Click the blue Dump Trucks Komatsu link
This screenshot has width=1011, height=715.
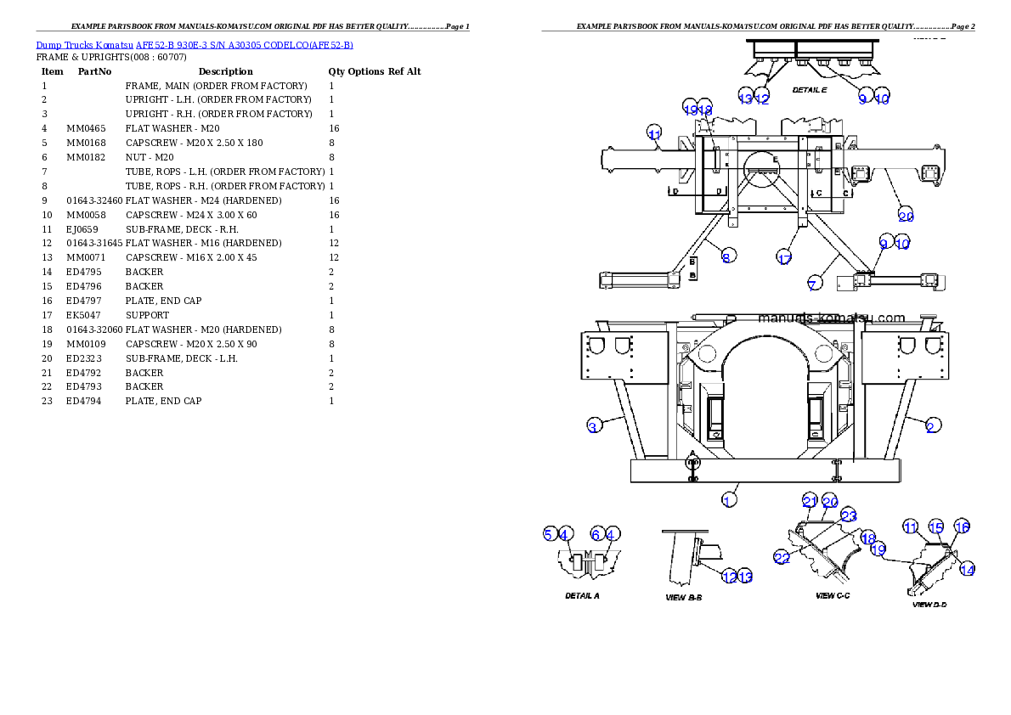click(x=195, y=44)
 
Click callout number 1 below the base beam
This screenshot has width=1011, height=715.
click(x=728, y=500)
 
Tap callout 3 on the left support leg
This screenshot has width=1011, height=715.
click(x=594, y=426)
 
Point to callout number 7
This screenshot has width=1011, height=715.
click(x=813, y=284)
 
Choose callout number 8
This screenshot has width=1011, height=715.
click(x=728, y=256)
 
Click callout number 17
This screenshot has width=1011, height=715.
click(x=784, y=258)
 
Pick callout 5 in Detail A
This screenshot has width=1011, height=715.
click(x=550, y=533)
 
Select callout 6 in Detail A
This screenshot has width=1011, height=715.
click(x=596, y=533)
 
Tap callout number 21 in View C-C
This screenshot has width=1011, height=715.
click(x=810, y=501)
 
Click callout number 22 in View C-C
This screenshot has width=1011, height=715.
click(x=782, y=557)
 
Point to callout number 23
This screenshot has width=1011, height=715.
click(x=848, y=515)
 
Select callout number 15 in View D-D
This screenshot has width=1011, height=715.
click(x=935, y=527)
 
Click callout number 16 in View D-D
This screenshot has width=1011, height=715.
click(x=962, y=527)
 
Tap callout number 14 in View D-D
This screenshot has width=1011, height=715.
click(x=967, y=570)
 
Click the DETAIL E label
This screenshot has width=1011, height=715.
click(x=809, y=89)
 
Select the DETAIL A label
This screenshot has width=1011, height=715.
click(x=583, y=595)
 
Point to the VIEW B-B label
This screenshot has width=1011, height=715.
click(x=683, y=597)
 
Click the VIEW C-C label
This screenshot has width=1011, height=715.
click(x=833, y=595)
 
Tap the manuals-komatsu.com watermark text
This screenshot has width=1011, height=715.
click(x=832, y=318)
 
